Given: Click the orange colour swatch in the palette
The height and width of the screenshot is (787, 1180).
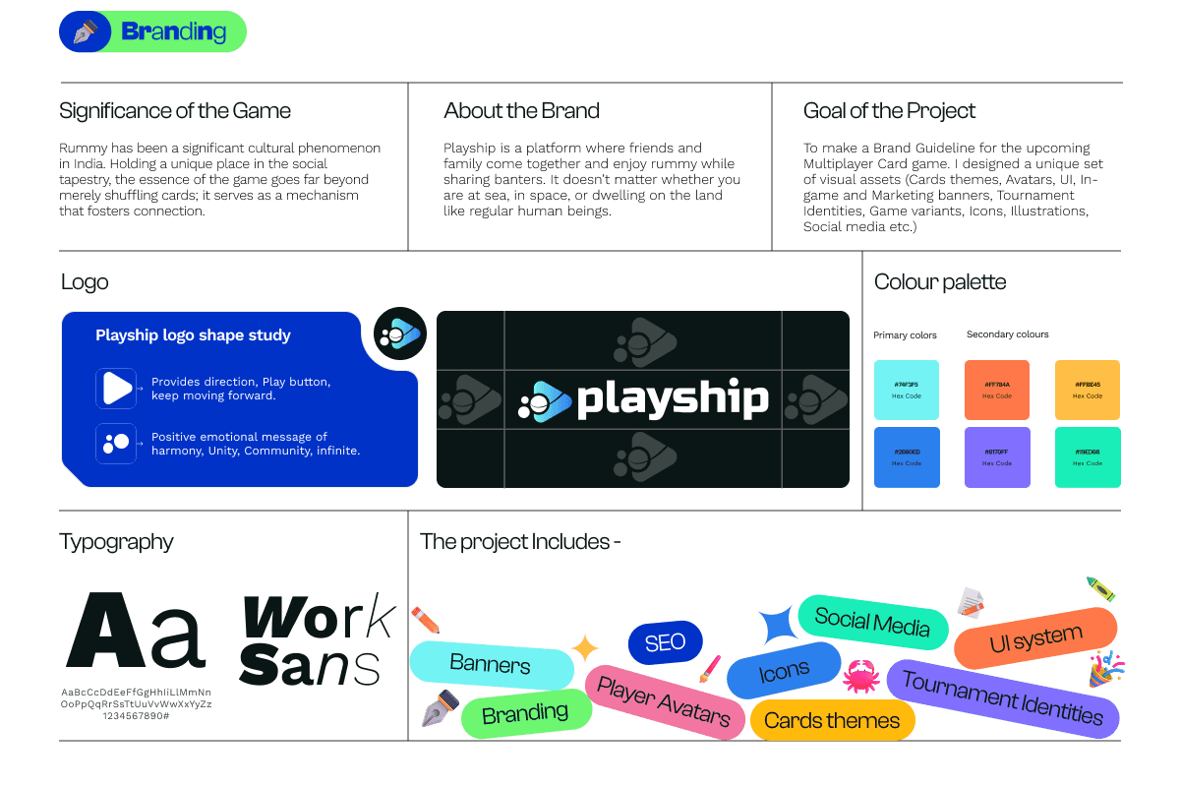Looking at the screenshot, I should pos(996,391).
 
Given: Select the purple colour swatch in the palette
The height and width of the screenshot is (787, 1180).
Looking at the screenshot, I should pos(996,457).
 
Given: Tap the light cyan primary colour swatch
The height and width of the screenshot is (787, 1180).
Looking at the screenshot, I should pos(907,391).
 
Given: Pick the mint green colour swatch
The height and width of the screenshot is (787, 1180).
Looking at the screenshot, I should pos(1087,457).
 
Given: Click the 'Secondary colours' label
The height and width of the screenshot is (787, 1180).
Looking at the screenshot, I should pos(1007,334).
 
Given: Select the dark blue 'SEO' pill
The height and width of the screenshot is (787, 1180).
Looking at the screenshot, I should pos(666,642).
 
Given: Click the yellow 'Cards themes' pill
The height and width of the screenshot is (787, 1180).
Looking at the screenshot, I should pos(832,721).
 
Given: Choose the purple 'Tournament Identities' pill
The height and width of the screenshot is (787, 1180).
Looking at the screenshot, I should pos(1002,697).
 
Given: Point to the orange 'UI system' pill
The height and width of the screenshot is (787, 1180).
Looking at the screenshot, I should pos(1035,639).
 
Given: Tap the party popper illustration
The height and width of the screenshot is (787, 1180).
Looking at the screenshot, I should pos(1106,669).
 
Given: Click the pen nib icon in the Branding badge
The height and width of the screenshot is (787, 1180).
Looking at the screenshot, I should pos(86,31).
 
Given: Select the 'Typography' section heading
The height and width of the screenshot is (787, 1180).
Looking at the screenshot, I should pos(116,542).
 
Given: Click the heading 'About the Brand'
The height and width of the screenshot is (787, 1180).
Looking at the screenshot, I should pos(521,111).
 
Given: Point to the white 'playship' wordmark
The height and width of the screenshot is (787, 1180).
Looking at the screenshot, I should pos(672,398).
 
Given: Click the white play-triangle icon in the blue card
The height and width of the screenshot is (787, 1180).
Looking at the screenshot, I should pos(116,388).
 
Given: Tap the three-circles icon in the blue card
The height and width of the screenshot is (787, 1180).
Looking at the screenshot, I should pos(116,443).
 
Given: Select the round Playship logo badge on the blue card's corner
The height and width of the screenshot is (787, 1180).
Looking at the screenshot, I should pos(400,333).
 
